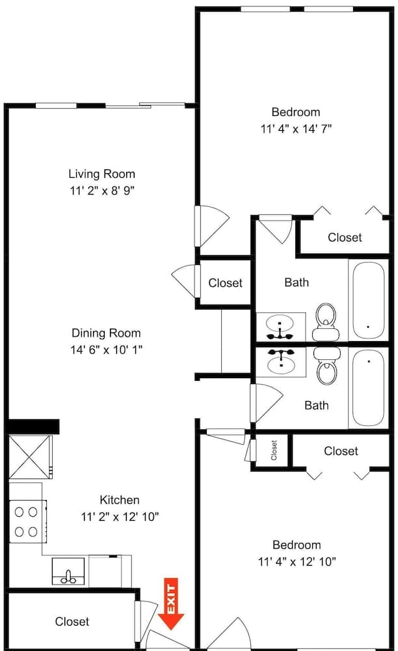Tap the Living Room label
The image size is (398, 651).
click(102, 174)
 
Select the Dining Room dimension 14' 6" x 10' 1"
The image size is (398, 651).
click(107, 350)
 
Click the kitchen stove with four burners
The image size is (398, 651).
click(27, 521)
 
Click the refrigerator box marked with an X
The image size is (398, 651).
click(29, 458)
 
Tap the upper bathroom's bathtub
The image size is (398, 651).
click(367, 299)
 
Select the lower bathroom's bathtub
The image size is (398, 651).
click(367, 388)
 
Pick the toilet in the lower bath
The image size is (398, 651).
click(325, 365)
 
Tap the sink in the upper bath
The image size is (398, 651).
click(280, 325)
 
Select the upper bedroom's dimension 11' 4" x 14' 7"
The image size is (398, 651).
click(296, 129)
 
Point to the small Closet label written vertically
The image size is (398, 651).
click(274, 449)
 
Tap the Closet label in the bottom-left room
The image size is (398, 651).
click(72, 622)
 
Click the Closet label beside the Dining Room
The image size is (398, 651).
click(225, 283)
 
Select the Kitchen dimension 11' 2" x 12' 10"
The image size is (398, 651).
click(120, 517)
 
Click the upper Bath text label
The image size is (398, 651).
click(297, 283)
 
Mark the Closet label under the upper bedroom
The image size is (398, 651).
click(345, 238)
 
